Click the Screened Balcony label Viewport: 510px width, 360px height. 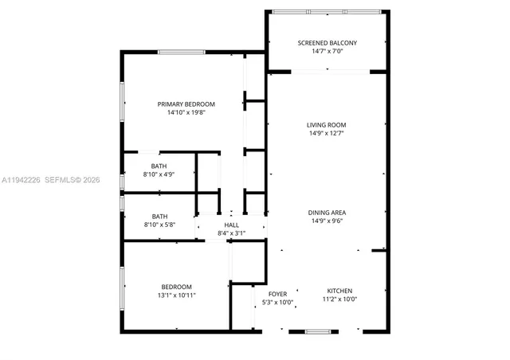(x=327, y=43)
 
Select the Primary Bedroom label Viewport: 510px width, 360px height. (x=186, y=104)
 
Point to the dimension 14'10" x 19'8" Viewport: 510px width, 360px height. (x=186, y=113)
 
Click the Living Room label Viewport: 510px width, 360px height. (x=327, y=125)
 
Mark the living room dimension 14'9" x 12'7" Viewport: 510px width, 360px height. (x=327, y=134)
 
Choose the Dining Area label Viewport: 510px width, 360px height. (x=327, y=213)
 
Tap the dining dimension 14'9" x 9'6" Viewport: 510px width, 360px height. (x=327, y=221)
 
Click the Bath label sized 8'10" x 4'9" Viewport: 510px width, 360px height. (x=159, y=166)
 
